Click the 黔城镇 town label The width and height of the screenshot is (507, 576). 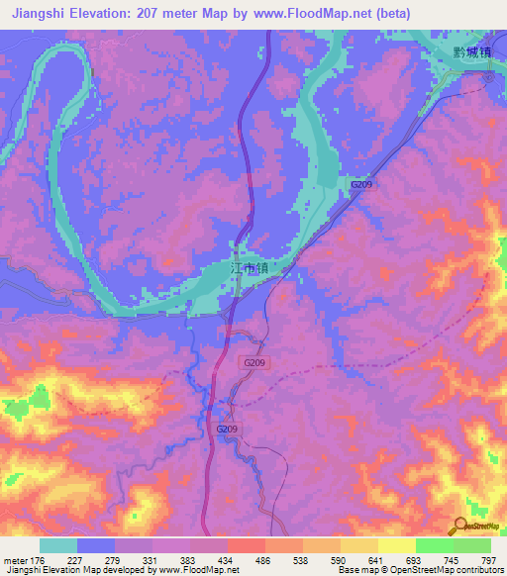468,55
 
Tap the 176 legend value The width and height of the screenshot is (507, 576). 39,560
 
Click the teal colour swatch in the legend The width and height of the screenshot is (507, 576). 58,545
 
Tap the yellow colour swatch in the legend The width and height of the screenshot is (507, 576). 358,545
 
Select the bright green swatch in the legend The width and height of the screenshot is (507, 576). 434,545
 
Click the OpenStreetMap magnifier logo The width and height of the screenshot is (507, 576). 460,525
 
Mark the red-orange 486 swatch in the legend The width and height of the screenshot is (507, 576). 246,545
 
